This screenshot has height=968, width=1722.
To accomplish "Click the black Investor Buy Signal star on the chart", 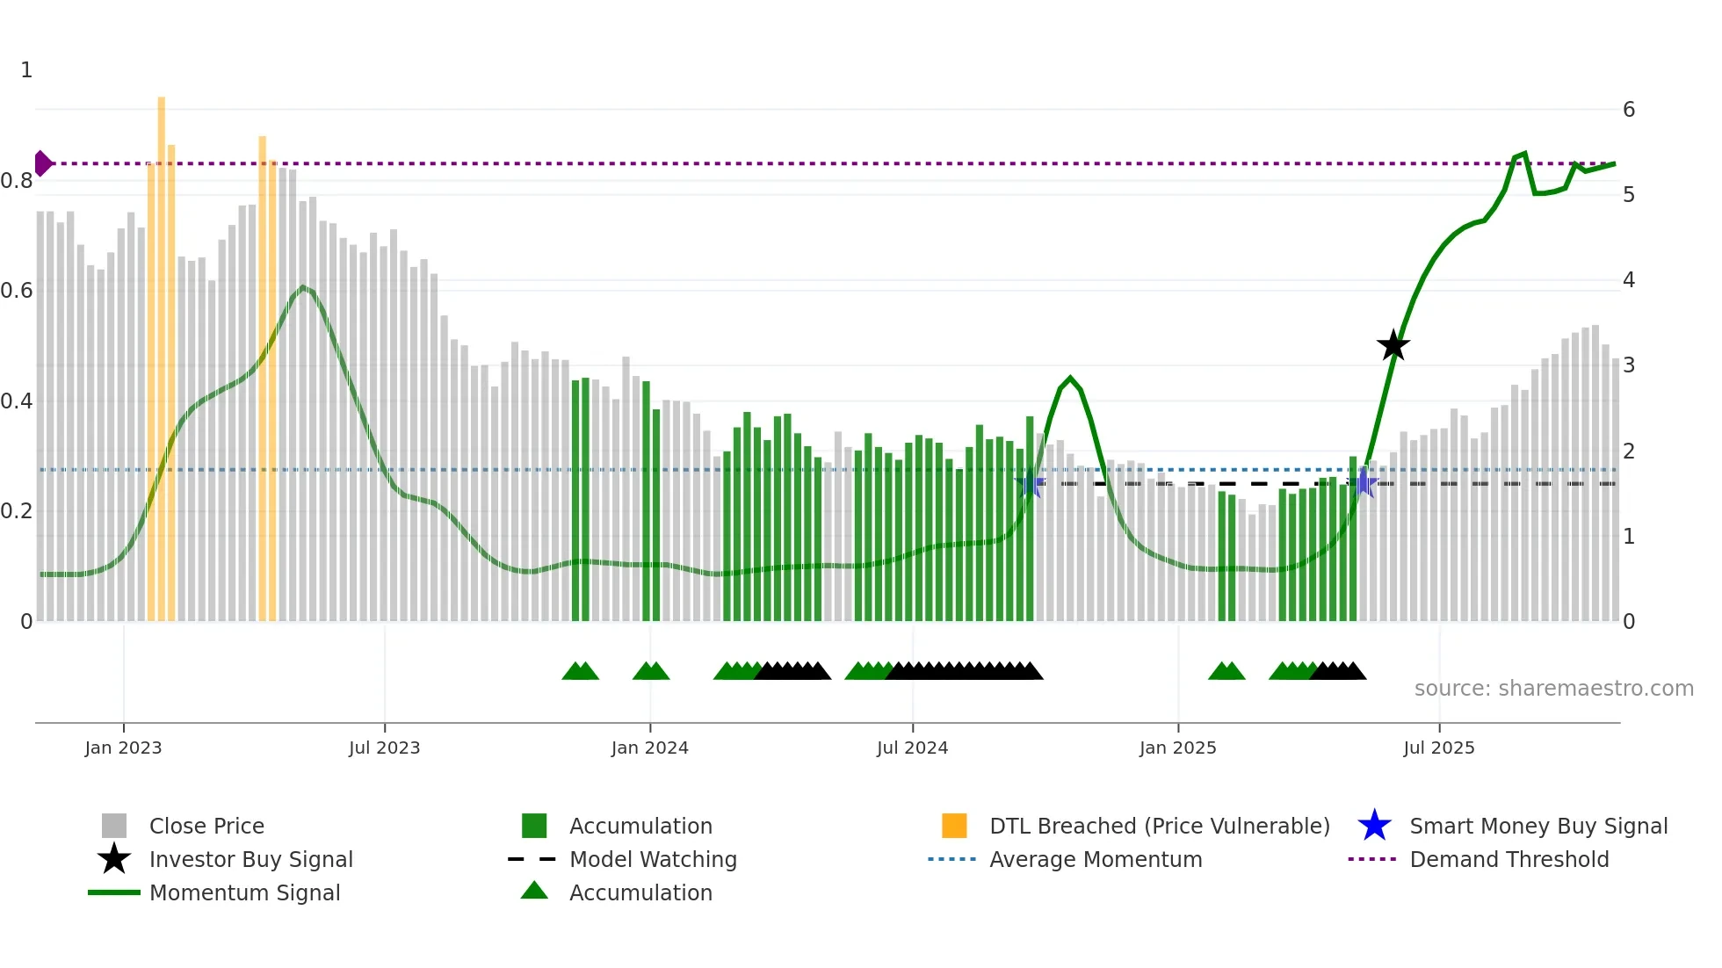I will click(x=1393, y=346).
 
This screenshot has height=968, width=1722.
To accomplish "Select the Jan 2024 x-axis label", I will click(x=649, y=748).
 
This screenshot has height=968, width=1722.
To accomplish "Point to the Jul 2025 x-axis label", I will click(x=1438, y=748).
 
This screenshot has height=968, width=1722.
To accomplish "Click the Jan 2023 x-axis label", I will click(x=123, y=748).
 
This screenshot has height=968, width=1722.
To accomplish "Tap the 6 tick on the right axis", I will click(x=1628, y=110).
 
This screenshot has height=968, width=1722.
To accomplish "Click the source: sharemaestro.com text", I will click(x=1553, y=689).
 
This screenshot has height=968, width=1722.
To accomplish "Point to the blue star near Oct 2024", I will click(x=1030, y=483).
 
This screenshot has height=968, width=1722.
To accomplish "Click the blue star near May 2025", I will click(x=1363, y=482).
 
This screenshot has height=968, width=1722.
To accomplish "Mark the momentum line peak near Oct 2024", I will click(x=1069, y=378).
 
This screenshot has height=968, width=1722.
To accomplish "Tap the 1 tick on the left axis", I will click(x=26, y=70).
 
